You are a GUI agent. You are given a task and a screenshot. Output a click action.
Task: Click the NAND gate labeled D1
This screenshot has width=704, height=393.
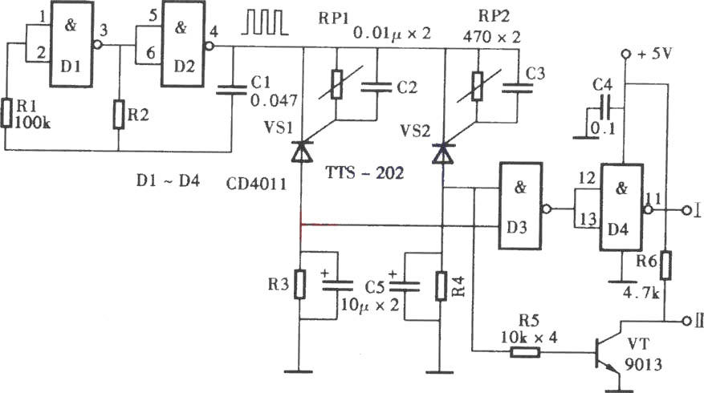coord(71,43)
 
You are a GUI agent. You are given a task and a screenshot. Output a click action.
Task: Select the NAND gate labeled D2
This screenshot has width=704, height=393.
coord(183,43)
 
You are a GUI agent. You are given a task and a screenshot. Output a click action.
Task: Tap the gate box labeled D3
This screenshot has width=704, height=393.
coord(520,205)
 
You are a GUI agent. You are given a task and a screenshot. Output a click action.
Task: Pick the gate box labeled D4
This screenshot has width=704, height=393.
coord(622,207)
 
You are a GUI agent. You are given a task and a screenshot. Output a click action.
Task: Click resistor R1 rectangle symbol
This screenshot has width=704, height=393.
coord(6,112)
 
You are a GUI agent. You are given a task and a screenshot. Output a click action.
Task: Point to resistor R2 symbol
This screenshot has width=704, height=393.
coord(119,115)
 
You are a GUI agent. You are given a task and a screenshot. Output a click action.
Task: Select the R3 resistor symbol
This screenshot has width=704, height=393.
coord(300,284)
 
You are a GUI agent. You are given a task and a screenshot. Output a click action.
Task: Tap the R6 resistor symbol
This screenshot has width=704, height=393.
coord(665,265)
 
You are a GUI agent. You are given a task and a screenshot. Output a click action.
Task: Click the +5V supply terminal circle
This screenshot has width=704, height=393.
coord(625,55)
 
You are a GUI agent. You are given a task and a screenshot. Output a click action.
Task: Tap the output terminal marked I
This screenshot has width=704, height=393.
coord(686,210)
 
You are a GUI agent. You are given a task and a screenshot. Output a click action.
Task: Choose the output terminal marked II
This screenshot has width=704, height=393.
coord(686,322)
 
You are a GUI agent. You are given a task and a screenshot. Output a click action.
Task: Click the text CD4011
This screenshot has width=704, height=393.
coord(256,184)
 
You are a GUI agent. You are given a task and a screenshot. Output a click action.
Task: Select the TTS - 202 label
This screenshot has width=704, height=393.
coord(364,172)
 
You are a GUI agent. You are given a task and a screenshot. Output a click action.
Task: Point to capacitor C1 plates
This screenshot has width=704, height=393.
coord(231,90)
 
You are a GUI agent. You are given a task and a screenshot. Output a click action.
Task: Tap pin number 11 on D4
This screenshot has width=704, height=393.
coord(653,198)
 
